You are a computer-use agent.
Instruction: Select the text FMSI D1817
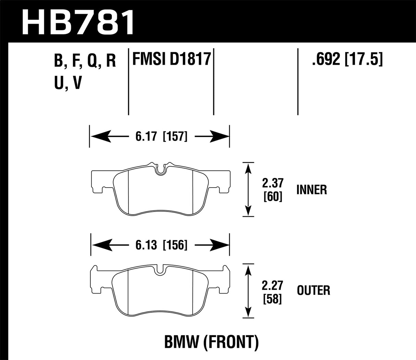click(x=171, y=59)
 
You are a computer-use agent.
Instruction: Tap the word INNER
click(x=311, y=190)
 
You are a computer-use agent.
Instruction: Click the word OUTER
click(x=313, y=291)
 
